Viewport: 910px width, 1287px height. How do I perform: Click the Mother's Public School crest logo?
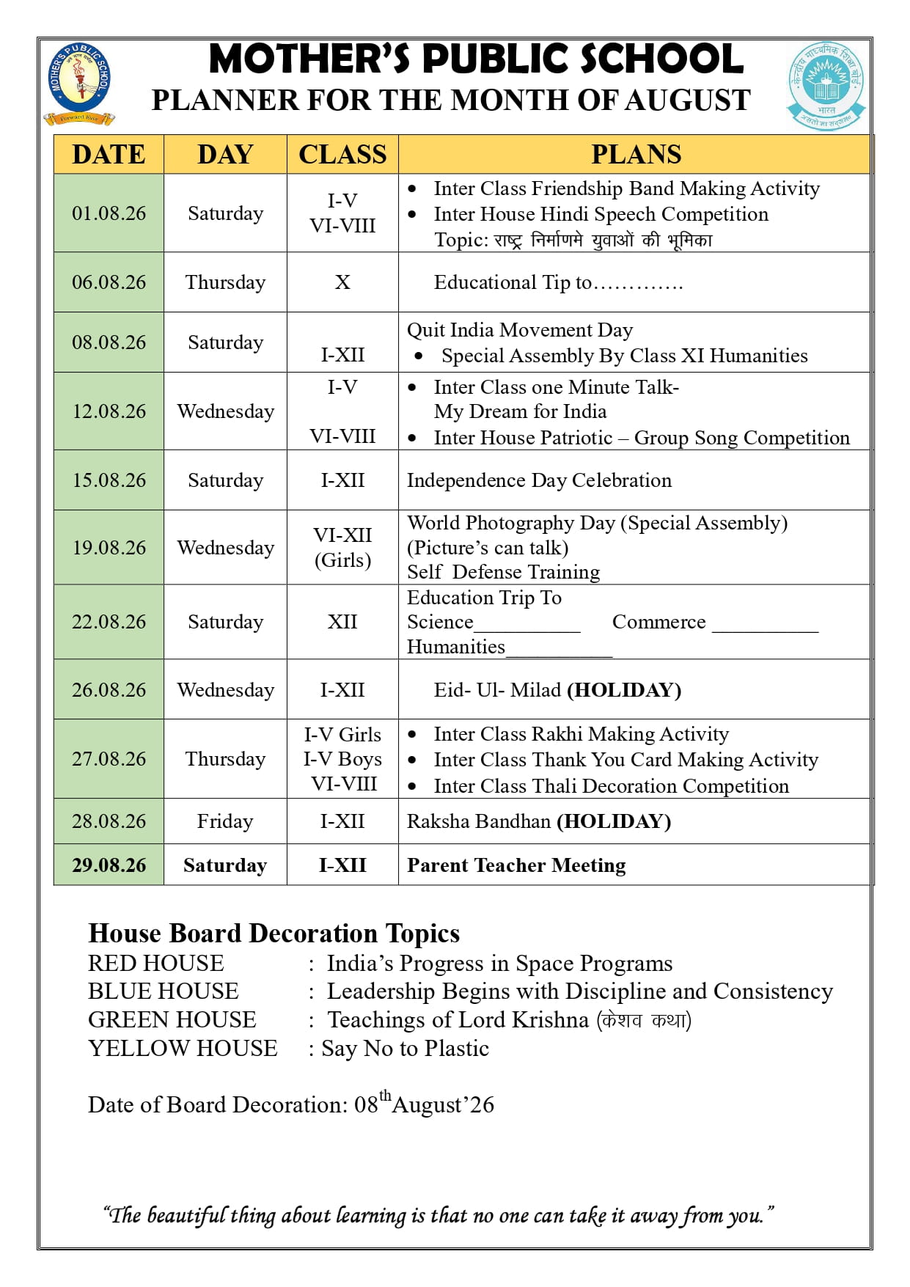[79, 82]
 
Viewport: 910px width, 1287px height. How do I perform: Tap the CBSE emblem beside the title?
[826, 85]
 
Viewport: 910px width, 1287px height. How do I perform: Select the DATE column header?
[109, 154]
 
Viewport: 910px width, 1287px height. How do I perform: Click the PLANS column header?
[636, 154]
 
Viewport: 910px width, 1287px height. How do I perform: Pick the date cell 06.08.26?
[109, 282]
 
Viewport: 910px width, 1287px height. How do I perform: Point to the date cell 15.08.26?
[109, 480]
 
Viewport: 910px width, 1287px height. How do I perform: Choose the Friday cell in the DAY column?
[225, 821]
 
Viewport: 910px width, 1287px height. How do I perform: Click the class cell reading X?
[342, 282]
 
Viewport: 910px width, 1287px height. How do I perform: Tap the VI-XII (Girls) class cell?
[342, 548]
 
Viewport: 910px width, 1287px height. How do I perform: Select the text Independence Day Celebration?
[539, 480]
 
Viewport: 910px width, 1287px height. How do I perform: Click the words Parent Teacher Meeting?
[516, 865]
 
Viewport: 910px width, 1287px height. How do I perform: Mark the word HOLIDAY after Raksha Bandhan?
[614, 821]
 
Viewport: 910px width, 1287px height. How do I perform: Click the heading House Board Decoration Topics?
[274, 933]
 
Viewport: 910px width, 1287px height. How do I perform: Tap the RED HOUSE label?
[156, 963]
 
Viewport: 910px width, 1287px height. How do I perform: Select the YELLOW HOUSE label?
[183, 1048]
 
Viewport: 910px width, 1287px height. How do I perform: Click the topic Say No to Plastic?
[405, 1048]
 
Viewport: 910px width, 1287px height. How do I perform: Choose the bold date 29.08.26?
[109, 865]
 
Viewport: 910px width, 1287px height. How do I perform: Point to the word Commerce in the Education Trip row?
[658, 622]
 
